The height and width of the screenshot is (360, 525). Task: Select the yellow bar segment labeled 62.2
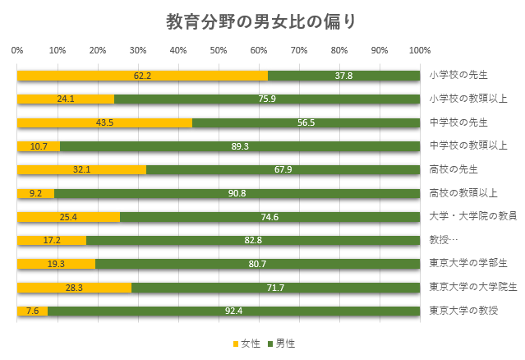click(x=142, y=76)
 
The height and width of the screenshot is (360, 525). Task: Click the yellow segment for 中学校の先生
click(x=104, y=122)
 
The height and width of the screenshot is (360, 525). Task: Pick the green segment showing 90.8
click(x=237, y=194)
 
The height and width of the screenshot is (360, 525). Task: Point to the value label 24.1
click(x=66, y=99)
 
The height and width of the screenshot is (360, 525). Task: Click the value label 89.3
click(x=240, y=146)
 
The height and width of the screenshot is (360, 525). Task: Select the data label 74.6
click(x=269, y=217)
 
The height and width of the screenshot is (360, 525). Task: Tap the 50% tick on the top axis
click(x=219, y=50)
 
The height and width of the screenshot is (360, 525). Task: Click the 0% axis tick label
click(x=17, y=50)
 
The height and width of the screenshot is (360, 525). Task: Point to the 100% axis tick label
click(x=420, y=50)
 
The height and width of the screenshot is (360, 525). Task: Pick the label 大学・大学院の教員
click(x=472, y=216)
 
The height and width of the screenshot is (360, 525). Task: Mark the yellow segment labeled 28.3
click(x=74, y=288)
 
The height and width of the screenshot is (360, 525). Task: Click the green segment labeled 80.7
click(x=257, y=265)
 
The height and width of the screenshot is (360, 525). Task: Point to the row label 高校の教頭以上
click(x=464, y=193)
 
